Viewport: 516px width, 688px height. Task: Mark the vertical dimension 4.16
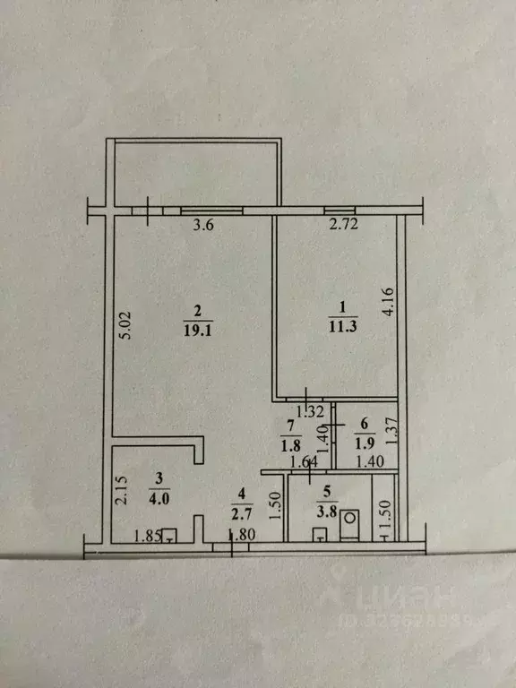point(388,302)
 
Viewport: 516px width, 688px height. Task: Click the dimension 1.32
point(309,412)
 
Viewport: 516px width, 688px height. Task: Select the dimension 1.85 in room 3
point(147,537)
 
